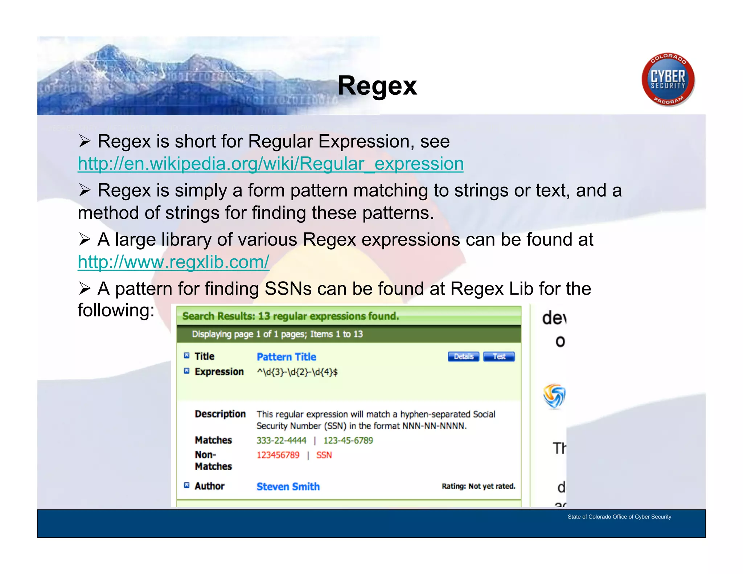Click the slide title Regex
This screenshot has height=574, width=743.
(x=377, y=86)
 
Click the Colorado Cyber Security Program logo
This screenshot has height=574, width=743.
(x=668, y=79)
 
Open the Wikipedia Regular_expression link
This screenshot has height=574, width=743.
(x=271, y=164)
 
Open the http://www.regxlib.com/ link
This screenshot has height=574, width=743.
(x=173, y=262)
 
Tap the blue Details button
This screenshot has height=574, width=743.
(x=463, y=357)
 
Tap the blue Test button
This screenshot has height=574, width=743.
(x=499, y=357)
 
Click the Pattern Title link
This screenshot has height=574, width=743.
(x=286, y=357)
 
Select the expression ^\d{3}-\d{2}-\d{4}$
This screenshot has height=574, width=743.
(x=297, y=372)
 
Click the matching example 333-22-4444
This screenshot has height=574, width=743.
(x=281, y=440)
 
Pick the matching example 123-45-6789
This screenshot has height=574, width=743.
(x=348, y=440)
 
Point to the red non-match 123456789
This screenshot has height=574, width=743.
(x=278, y=455)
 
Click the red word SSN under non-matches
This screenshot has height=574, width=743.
(x=324, y=455)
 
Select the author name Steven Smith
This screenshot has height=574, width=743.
(x=288, y=487)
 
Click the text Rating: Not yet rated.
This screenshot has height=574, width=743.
(x=478, y=486)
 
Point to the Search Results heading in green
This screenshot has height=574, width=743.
(x=291, y=316)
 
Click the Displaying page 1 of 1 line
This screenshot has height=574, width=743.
(x=277, y=334)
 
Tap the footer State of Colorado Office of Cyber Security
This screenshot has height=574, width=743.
(x=619, y=517)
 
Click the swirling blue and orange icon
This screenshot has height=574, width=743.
(x=554, y=396)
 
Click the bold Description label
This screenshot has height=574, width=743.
(x=220, y=414)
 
